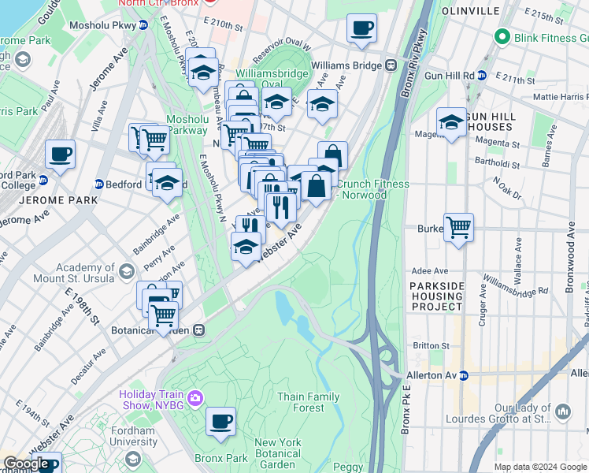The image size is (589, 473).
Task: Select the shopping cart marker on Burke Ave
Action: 458,227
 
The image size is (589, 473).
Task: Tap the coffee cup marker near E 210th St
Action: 361,28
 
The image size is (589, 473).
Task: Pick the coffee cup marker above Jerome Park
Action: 60,155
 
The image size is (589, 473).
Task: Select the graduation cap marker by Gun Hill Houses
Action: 451,122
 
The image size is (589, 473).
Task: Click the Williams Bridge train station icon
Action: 390,65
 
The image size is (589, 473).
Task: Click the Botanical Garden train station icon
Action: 199,330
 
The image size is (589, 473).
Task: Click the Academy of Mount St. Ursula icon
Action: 125,273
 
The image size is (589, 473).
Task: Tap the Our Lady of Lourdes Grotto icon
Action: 563,412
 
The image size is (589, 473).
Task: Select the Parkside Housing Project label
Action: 436,296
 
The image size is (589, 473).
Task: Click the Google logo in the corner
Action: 26,464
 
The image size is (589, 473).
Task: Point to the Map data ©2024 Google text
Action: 539,467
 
